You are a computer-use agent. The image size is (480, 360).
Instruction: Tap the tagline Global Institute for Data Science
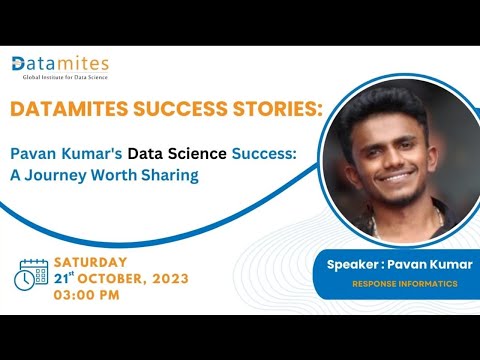[x=61, y=77]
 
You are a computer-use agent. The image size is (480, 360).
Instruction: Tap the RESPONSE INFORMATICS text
[x=405, y=284]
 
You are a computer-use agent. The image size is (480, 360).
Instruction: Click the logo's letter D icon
[x=20, y=64]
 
